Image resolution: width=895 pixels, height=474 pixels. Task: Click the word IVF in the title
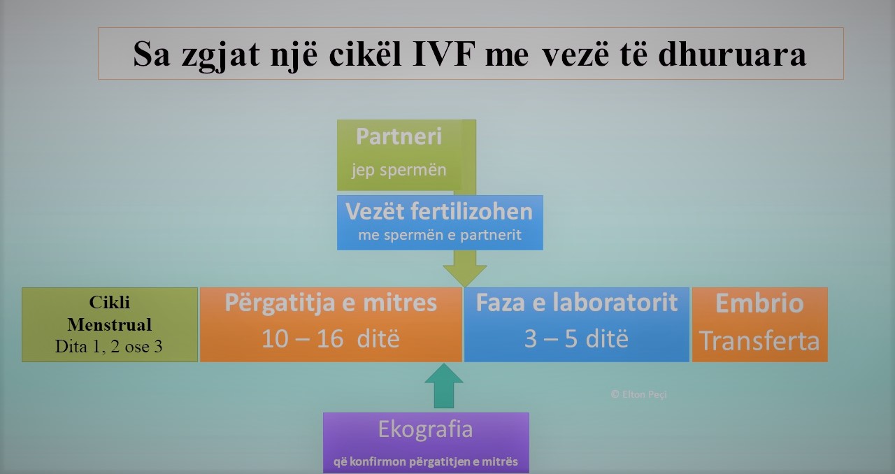(444, 54)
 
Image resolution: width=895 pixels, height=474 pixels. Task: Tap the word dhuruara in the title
(732, 54)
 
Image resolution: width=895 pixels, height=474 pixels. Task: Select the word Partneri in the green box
(399, 136)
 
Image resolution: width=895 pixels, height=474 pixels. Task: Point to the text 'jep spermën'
(399, 171)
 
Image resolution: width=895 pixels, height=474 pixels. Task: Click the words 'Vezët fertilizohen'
(439, 211)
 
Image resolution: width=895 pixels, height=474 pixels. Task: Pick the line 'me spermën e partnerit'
(440, 235)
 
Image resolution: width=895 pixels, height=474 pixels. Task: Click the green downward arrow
(465, 268)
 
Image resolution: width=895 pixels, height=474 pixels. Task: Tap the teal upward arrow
(444, 386)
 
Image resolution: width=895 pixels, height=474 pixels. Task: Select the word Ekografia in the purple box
(426, 430)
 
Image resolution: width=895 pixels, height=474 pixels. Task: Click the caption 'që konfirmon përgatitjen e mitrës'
(426, 462)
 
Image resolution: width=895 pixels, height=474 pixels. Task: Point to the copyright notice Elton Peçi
(638, 394)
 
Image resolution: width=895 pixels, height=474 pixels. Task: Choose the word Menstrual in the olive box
(110, 324)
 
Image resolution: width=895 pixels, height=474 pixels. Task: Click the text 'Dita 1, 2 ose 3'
(108, 347)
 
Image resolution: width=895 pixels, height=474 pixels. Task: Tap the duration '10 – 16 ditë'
(331, 339)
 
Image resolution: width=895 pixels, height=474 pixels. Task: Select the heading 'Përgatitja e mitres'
(331, 303)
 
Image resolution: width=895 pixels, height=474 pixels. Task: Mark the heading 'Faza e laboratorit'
(577, 303)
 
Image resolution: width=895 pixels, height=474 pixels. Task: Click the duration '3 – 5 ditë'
(576, 339)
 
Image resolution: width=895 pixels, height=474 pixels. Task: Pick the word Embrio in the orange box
(759, 303)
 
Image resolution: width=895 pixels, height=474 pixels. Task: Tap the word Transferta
(759, 341)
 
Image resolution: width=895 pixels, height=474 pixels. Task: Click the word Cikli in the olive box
(110, 303)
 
